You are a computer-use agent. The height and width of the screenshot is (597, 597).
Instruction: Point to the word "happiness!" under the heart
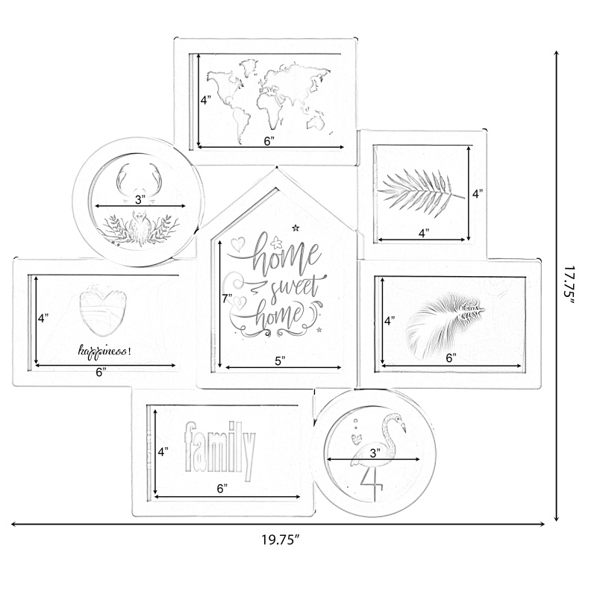click(x=104, y=351)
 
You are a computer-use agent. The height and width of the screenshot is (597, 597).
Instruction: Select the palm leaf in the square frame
click(x=421, y=190)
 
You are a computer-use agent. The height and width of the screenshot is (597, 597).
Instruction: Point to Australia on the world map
click(x=316, y=122)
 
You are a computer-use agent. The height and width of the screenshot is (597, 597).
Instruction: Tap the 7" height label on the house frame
click(x=228, y=298)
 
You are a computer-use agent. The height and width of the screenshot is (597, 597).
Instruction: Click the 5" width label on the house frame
click(x=281, y=360)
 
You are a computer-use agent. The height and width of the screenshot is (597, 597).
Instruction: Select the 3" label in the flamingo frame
click(x=375, y=453)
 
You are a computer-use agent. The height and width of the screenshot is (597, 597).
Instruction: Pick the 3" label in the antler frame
click(x=140, y=199)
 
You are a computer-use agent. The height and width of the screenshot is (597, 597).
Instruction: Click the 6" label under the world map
click(x=269, y=141)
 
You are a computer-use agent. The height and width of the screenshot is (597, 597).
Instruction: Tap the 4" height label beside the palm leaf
click(x=478, y=193)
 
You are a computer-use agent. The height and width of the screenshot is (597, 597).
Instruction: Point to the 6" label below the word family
click(x=222, y=489)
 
